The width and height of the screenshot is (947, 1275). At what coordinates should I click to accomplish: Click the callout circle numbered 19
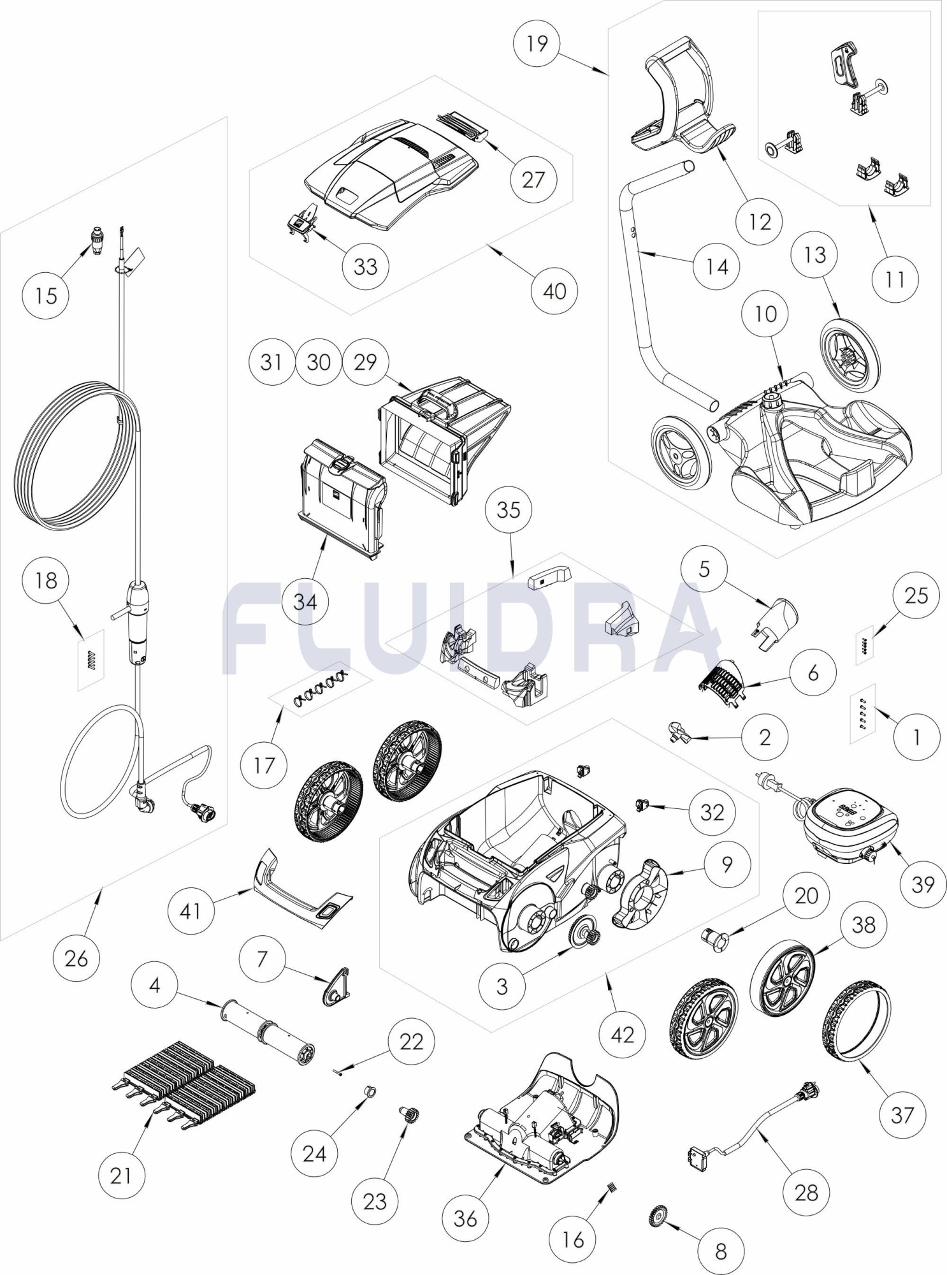(x=537, y=44)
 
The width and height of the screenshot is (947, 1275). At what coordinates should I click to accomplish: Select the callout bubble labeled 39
(x=922, y=884)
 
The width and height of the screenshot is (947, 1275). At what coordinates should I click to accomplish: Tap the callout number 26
(x=76, y=958)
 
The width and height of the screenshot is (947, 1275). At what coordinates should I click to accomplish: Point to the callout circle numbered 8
(x=721, y=1251)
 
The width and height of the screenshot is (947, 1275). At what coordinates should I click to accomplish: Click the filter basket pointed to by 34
(x=343, y=500)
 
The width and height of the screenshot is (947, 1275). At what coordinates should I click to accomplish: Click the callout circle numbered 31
(x=272, y=362)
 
